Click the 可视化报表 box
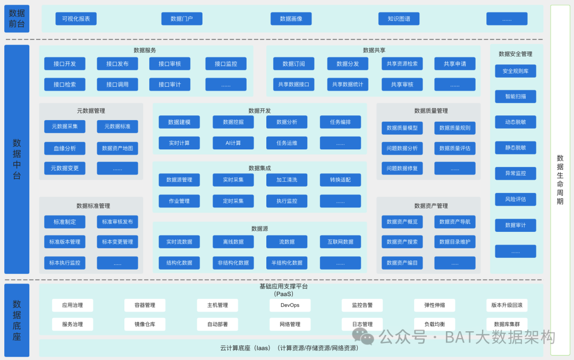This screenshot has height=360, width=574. point(76,19)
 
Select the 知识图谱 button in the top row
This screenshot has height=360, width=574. point(399,19)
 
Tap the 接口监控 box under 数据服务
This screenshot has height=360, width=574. point(226,64)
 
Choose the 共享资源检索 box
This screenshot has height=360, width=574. point(402,64)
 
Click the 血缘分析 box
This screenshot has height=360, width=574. point(64,148)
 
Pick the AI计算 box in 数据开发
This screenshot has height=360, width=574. point(233,143)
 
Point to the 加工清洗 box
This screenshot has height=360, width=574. point(286,180)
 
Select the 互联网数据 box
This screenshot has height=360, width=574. point(340,242)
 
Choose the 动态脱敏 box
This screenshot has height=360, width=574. point(515,122)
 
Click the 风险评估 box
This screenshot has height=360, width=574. point(515,199)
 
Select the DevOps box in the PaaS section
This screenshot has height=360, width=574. point(290,305)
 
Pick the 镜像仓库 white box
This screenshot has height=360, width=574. point(145,324)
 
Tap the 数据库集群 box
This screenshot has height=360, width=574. point(507,324)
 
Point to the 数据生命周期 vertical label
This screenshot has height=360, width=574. point(560,180)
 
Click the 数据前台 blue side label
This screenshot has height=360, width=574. point(17,19)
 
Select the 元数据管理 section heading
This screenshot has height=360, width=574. point(91,111)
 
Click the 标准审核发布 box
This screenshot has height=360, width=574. point(117,222)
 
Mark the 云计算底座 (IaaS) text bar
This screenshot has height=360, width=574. point(291,348)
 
